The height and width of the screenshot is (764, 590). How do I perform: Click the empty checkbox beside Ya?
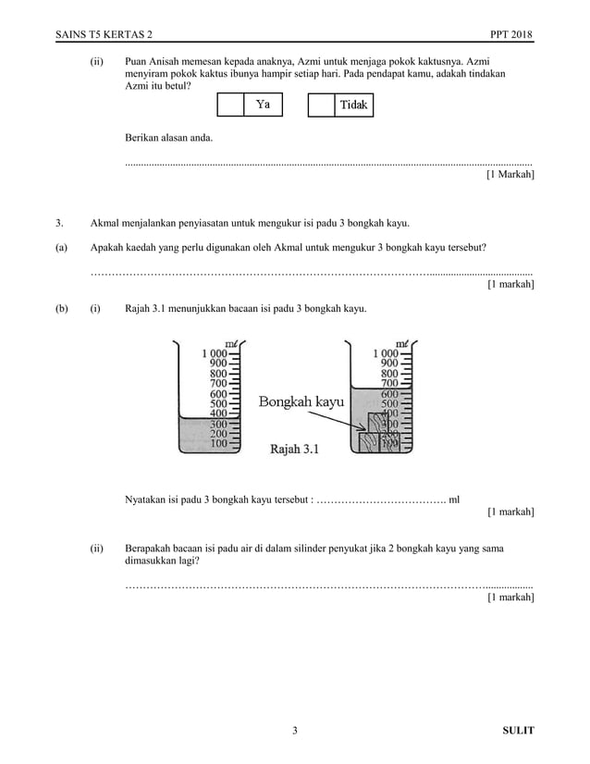click(229, 105)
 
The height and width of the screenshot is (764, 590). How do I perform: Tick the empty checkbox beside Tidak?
click(320, 105)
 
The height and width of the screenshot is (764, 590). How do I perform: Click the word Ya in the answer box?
click(263, 105)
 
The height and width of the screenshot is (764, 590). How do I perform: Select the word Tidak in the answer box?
click(354, 105)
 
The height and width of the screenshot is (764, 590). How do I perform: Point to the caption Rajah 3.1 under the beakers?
click(294, 450)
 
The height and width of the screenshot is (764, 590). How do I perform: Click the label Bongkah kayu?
click(301, 402)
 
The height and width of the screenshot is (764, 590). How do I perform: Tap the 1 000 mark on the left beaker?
click(215, 353)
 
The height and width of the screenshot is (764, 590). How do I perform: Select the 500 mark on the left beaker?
click(217, 403)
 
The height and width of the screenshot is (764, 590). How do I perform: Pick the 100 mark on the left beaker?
click(217, 444)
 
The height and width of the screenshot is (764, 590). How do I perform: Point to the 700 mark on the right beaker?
click(387, 383)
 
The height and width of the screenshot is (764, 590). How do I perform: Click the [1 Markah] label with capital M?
click(510, 174)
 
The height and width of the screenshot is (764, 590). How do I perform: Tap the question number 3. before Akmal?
click(59, 223)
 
